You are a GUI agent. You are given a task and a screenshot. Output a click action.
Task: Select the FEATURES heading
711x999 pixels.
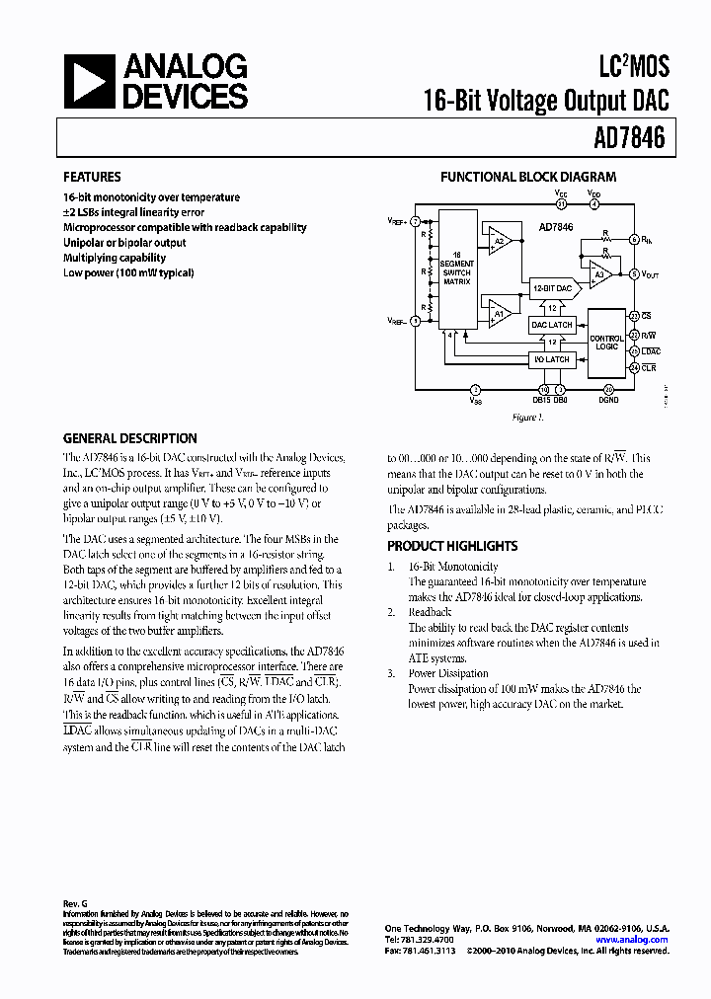coord(92,178)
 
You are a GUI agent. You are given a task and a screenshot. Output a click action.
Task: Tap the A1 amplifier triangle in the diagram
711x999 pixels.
coord(499,316)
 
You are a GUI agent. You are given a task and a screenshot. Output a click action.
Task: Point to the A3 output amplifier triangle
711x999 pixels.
coord(596,272)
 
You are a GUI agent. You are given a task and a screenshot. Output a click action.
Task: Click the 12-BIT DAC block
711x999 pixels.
coord(552,288)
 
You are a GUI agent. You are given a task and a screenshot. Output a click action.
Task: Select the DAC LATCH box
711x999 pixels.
coord(552,325)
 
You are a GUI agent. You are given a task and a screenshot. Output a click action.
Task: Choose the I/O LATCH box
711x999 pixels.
coord(552,360)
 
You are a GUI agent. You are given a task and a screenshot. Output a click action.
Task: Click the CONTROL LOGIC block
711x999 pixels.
coord(606,342)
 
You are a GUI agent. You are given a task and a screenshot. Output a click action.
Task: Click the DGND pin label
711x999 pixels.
coord(608,400)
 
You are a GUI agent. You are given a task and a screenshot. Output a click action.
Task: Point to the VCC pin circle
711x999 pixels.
coord(561,205)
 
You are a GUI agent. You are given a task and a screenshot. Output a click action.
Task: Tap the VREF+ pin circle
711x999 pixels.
coord(416,221)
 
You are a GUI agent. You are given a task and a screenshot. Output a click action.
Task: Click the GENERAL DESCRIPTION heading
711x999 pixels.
coord(129,438)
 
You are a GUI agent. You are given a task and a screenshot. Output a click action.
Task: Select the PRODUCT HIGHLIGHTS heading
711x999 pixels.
coord(451,546)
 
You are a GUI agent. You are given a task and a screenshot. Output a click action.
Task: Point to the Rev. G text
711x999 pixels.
coord(75,904)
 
